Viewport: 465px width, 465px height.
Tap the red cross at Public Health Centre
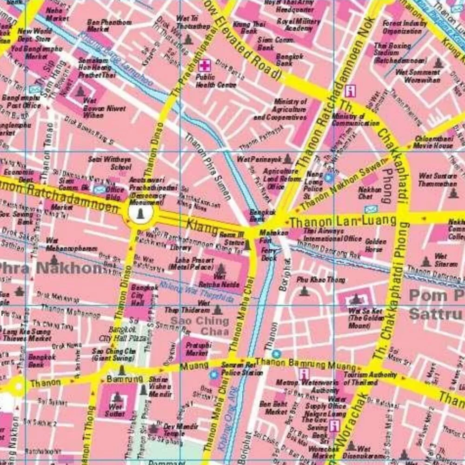[204, 66]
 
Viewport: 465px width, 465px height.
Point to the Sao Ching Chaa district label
[199, 325]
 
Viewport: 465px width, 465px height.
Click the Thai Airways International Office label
[332, 235]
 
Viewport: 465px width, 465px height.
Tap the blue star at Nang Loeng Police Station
[329, 177]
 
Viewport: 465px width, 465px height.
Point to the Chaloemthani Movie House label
[433, 142]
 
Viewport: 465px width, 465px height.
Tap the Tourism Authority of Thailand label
[370, 379]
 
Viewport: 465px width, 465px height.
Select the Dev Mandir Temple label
[174, 429]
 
